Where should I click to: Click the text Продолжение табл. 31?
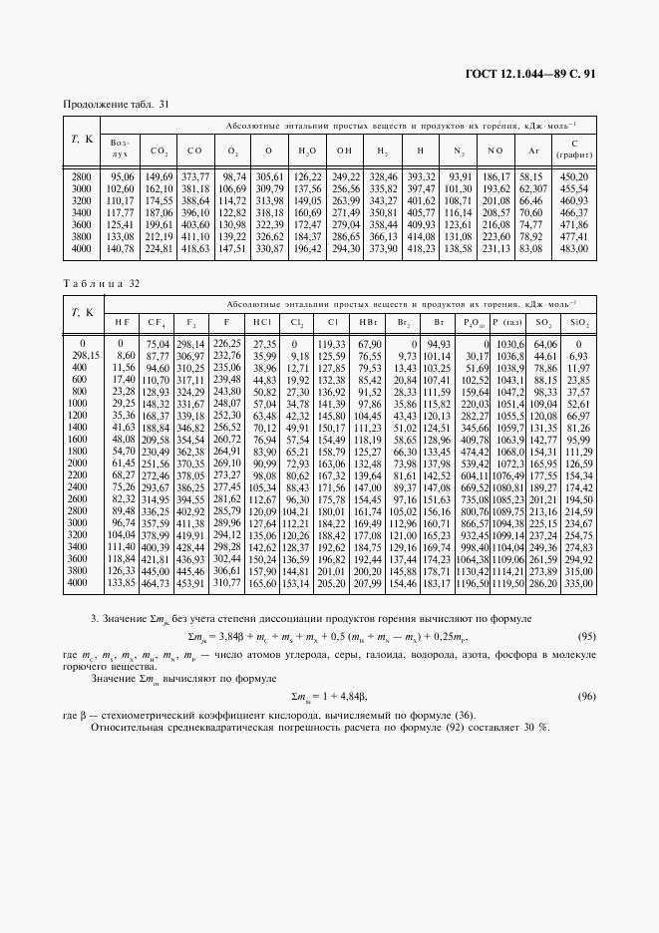pyautogui.click(x=116, y=105)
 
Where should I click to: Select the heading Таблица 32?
pyautogui.click(x=101, y=283)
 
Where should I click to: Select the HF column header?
pyautogui.click(x=121, y=324)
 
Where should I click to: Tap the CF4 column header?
pyautogui.click(x=157, y=324)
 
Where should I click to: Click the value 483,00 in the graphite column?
pyautogui.click(x=574, y=248)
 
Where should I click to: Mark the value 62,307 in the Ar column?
pyautogui.click(x=532, y=188)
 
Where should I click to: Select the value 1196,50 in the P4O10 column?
pyautogui.click(x=472, y=582)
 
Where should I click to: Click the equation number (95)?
pyautogui.click(x=585, y=636)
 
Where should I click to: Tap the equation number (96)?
pyautogui.click(x=585, y=697)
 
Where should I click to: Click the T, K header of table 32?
pyautogui.click(x=82, y=312)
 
